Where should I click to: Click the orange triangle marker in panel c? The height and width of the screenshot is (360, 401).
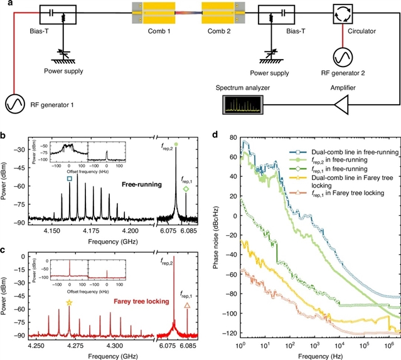187,305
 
